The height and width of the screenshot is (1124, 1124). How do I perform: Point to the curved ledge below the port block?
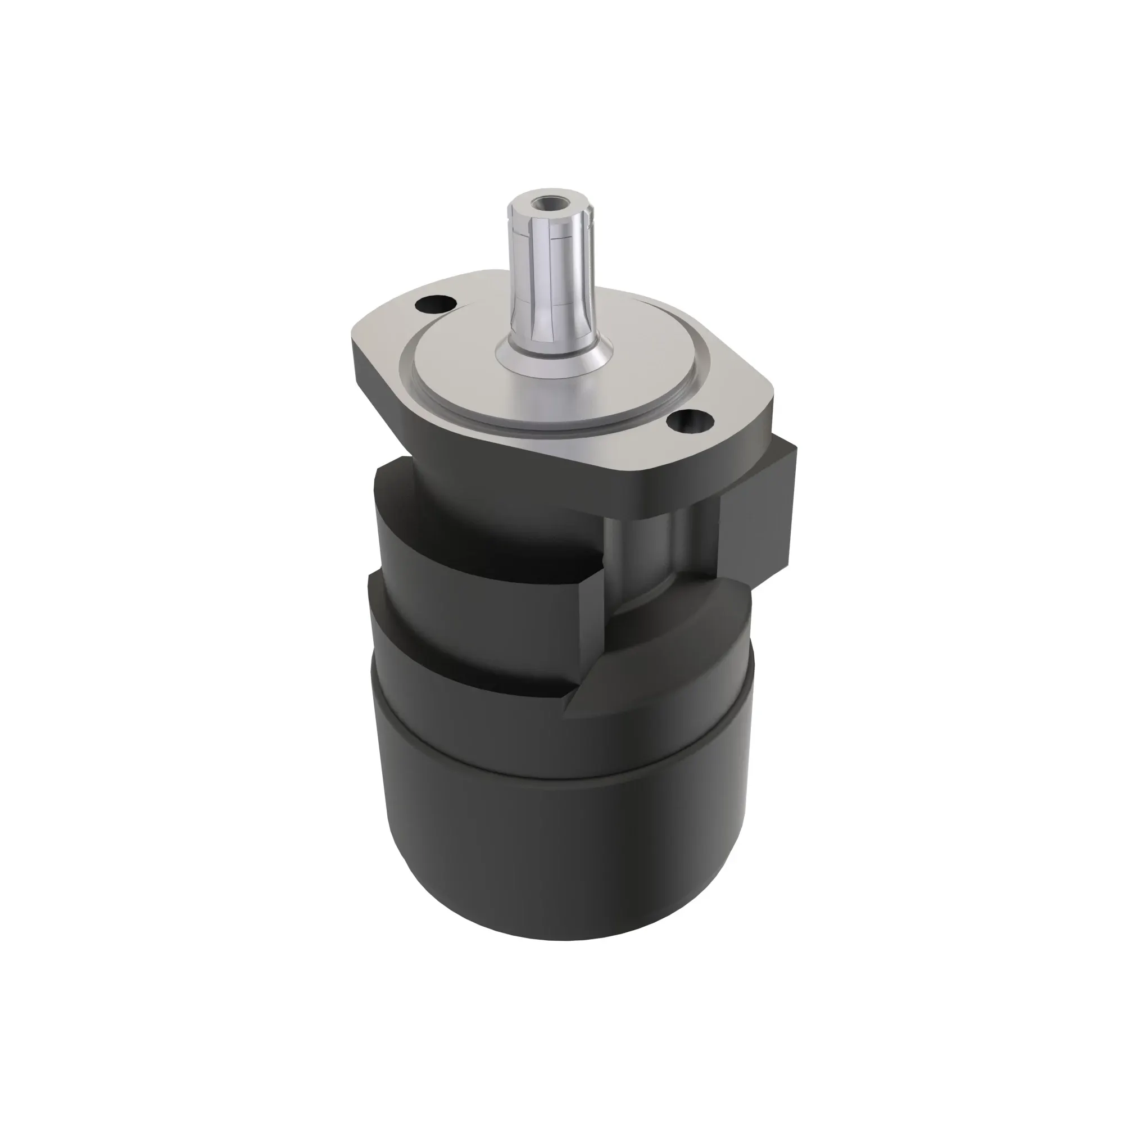pos(698,611)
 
